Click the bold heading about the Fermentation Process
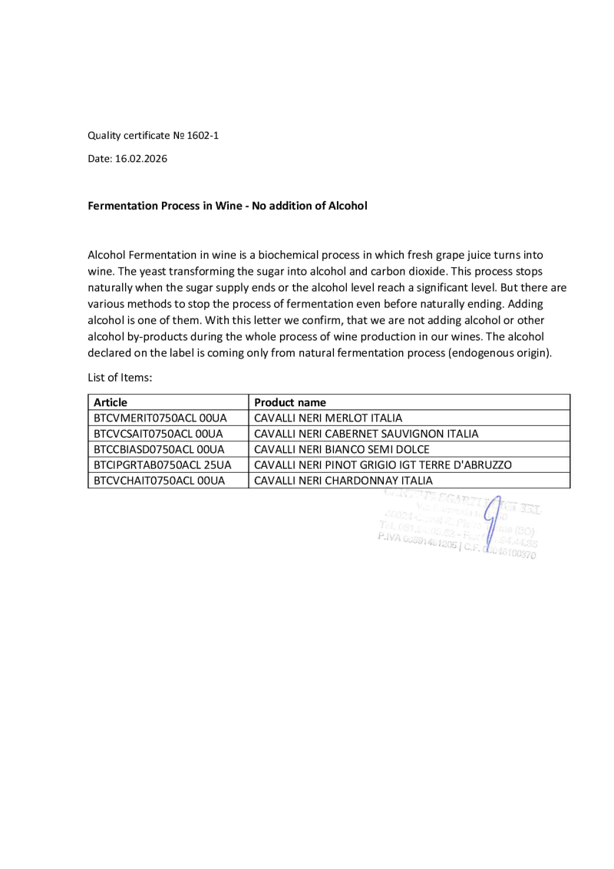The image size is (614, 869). click(x=227, y=206)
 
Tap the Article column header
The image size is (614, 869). click(x=111, y=402)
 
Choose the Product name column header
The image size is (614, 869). click(x=290, y=402)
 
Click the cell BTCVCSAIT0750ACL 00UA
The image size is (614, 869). click(x=158, y=434)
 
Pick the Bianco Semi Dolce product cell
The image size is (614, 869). click(x=342, y=449)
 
